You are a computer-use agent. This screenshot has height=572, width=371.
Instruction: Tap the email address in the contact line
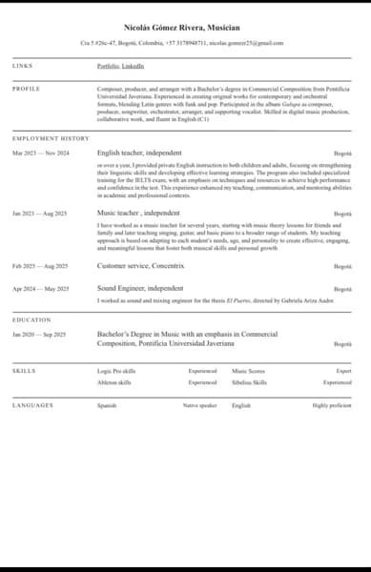pos(246,43)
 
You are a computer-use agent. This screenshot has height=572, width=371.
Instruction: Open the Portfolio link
pos(108,66)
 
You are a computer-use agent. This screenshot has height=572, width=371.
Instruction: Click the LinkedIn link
pos(134,66)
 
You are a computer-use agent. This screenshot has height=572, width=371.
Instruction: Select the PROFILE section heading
pos(26,88)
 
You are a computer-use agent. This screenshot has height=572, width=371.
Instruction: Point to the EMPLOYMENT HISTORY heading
pos(51,139)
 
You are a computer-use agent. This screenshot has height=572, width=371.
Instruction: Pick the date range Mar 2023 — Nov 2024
pos(41,153)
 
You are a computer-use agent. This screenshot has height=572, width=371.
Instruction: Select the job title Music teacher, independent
pos(138,214)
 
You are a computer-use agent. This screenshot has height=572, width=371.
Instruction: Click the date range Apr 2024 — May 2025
pos(41,288)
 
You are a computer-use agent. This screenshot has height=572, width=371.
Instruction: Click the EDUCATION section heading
pos(31,320)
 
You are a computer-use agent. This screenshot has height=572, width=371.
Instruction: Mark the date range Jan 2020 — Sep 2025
pos(40,335)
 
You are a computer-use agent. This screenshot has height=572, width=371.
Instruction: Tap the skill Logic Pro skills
pos(115,370)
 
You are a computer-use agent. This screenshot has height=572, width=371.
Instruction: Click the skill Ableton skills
pos(114,382)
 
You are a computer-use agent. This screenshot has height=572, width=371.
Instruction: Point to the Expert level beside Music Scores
pos(343,370)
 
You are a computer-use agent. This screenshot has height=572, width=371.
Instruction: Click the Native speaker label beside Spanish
pos(200,405)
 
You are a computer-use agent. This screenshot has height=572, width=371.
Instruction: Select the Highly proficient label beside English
pos(332,405)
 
